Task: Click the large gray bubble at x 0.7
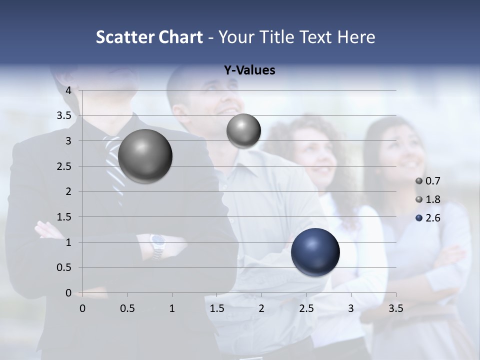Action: click(x=145, y=156)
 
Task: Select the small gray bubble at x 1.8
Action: click(x=243, y=131)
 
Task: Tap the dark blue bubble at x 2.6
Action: click(x=315, y=252)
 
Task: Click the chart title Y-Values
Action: click(x=249, y=70)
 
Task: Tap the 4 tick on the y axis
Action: click(x=68, y=90)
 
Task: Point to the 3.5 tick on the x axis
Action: click(x=395, y=308)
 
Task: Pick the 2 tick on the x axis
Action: click(x=261, y=308)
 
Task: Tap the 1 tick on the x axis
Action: click(x=172, y=308)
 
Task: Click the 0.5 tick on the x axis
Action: click(x=127, y=308)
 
